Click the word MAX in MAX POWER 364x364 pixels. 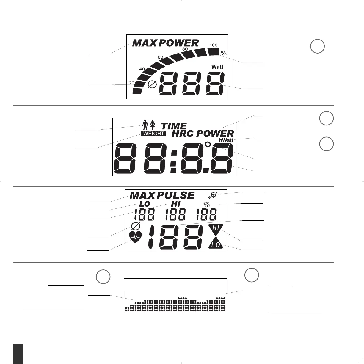(x=144, y=43)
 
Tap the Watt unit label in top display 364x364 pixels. (x=217, y=67)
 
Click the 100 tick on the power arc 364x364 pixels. (x=214, y=45)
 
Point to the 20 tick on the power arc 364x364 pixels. (x=131, y=83)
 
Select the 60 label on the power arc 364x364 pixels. (x=160, y=57)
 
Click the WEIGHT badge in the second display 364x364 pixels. (x=154, y=134)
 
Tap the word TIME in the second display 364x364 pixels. (x=174, y=126)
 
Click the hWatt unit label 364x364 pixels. (x=226, y=140)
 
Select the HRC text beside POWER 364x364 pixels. (x=183, y=134)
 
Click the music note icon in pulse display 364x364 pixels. (x=212, y=195)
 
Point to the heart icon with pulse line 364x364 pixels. (x=136, y=237)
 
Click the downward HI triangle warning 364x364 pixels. (x=216, y=229)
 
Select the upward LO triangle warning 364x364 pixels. (x=216, y=244)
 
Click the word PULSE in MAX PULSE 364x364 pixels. (x=175, y=195)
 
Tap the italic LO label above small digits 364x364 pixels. (x=145, y=204)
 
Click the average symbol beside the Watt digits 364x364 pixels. (x=152, y=84)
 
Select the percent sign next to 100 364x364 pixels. (x=224, y=53)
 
